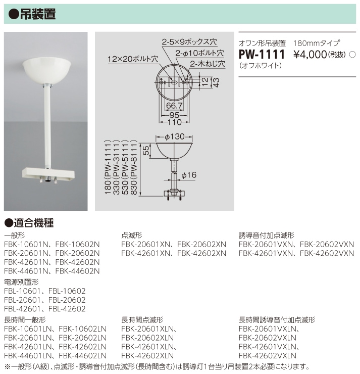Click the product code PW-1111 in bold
pyautogui.click(x=262, y=54)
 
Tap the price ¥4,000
pyautogui.click(x=310, y=54)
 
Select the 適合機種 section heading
pyautogui.click(x=33, y=222)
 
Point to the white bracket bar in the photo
pyautogui.click(x=47, y=172)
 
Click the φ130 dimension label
pyautogui.click(x=175, y=136)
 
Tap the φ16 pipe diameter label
pyautogui.click(x=188, y=175)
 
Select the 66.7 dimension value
pyautogui.click(x=174, y=105)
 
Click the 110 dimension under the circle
pyautogui.click(x=174, y=121)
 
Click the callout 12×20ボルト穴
pyautogui.click(x=132, y=59)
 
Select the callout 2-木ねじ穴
pyautogui.click(x=207, y=64)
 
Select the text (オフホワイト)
pyautogui.click(x=261, y=66)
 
